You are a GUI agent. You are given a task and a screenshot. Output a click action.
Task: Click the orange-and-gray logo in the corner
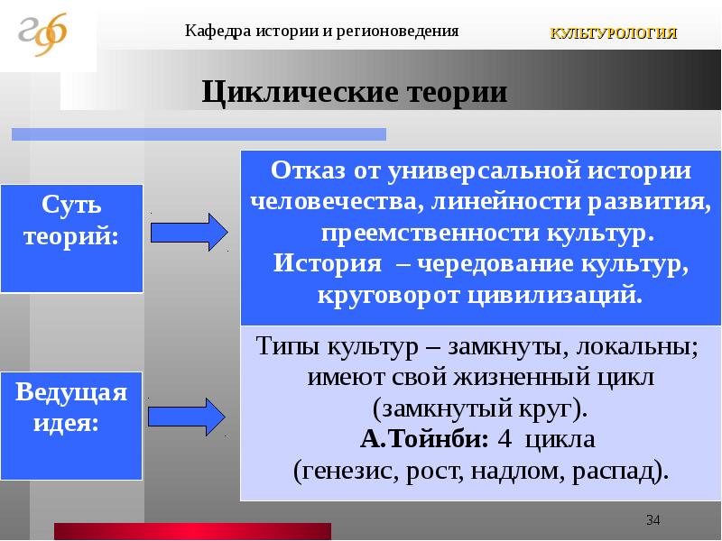[x=42, y=34]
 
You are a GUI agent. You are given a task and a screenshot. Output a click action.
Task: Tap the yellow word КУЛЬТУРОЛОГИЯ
[x=614, y=33]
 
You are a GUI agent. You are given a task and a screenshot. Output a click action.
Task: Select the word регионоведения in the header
[x=397, y=32]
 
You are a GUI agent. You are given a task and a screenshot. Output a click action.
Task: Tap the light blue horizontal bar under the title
[x=199, y=133]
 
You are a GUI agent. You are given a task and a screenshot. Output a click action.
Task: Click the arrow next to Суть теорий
[x=190, y=232]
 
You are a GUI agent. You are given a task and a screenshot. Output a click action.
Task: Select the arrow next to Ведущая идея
[x=187, y=417]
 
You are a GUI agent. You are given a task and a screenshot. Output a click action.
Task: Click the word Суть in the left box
[x=71, y=204]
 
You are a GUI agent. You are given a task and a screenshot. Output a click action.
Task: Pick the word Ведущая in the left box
[x=71, y=392]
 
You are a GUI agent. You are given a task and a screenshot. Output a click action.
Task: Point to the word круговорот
[x=389, y=296]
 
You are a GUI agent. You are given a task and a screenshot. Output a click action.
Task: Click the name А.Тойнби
[x=424, y=438]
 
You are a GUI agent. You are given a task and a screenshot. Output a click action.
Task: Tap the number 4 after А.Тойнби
[x=504, y=439]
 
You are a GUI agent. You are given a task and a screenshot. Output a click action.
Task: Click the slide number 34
[x=653, y=520]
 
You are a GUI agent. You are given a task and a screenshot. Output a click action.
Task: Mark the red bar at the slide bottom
[x=192, y=531]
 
